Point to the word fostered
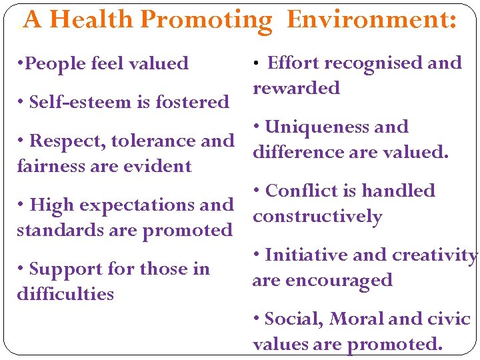pyautogui.click(x=192, y=102)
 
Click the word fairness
pyautogui.click(x=52, y=166)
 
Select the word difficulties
pyautogui.click(x=65, y=294)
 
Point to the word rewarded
pyautogui.click(x=296, y=88)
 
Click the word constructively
pyautogui.click(x=317, y=217)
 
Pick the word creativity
pyautogui.click(x=435, y=255)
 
